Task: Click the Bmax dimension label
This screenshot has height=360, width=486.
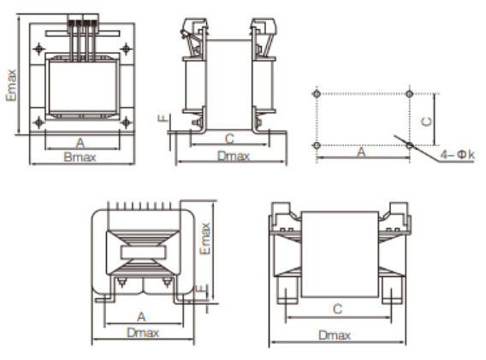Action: pos(80,158)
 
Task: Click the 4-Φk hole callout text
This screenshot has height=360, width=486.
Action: pos(458,155)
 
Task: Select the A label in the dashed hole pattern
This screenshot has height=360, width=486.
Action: pos(361,152)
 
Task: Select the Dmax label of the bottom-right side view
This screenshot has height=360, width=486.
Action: pos(335,334)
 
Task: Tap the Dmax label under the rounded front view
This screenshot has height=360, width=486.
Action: pos(141,331)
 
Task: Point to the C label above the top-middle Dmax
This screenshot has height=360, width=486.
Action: pos(228,138)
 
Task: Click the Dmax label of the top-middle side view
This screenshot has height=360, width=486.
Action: pos(233,156)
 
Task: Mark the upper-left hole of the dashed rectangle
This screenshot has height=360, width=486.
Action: pos(317,92)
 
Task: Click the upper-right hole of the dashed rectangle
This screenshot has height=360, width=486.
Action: pos(410,92)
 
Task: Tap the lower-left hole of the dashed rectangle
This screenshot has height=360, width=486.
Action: pos(317,145)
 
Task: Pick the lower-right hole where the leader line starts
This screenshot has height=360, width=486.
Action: pos(410,145)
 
